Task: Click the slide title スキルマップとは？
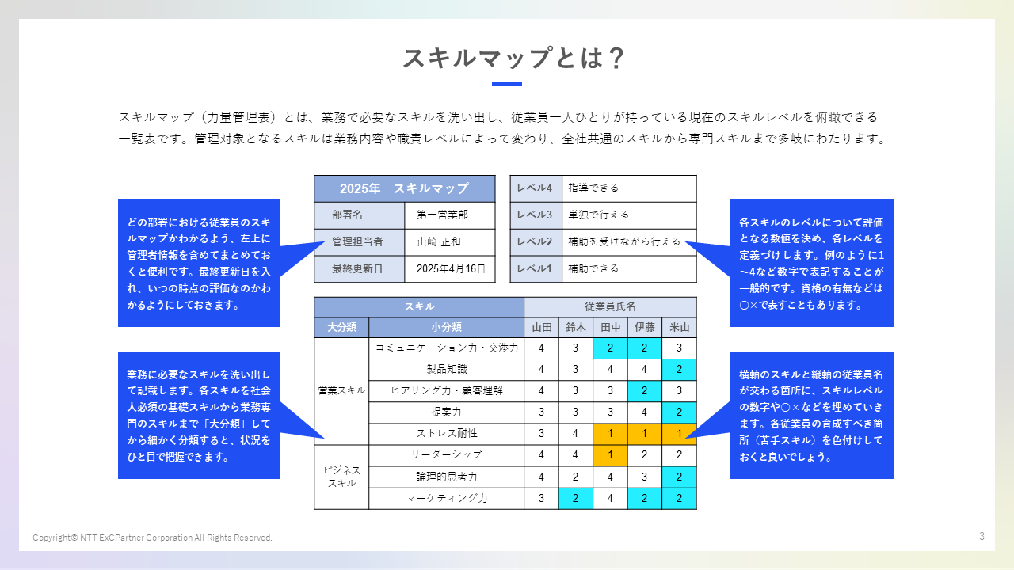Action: click(x=513, y=59)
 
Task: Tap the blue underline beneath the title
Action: click(x=507, y=83)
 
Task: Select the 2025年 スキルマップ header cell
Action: click(x=404, y=188)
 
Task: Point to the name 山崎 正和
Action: click(x=439, y=241)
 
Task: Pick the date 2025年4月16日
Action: click(x=450, y=268)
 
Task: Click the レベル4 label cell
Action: click(x=535, y=188)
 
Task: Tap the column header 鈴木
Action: click(x=576, y=327)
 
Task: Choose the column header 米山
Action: click(x=680, y=327)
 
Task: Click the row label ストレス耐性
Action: click(x=447, y=434)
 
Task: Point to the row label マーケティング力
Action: click(x=447, y=498)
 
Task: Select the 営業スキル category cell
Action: click(x=341, y=390)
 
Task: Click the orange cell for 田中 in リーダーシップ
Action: click(x=610, y=455)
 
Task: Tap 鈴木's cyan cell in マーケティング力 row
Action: click(x=576, y=498)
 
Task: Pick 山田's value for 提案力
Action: click(x=541, y=412)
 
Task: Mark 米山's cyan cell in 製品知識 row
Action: click(x=680, y=370)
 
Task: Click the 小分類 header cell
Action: click(x=447, y=327)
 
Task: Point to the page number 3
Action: click(x=982, y=536)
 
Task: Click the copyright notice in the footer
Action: click(x=152, y=538)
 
